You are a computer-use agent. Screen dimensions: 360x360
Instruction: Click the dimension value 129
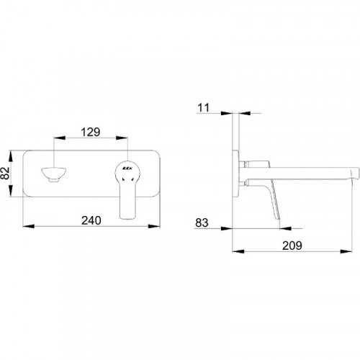pyautogui.click(x=91, y=132)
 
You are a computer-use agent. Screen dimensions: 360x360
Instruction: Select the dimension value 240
pyautogui.click(x=91, y=220)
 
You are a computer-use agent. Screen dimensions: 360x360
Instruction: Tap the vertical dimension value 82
pyautogui.click(x=5, y=173)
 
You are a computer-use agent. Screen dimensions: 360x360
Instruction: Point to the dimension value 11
pyautogui.click(x=203, y=108)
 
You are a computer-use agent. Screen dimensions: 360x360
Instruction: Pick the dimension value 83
pyautogui.click(x=202, y=222)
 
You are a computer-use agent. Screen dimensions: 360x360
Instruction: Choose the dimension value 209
pyautogui.click(x=292, y=246)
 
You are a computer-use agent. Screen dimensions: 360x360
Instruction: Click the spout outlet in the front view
pyautogui.click(x=54, y=174)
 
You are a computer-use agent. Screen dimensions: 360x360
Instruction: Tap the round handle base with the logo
pyautogui.click(x=127, y=171)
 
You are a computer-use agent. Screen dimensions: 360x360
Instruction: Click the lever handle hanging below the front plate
pyautogui.click(x=128, y=201)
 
